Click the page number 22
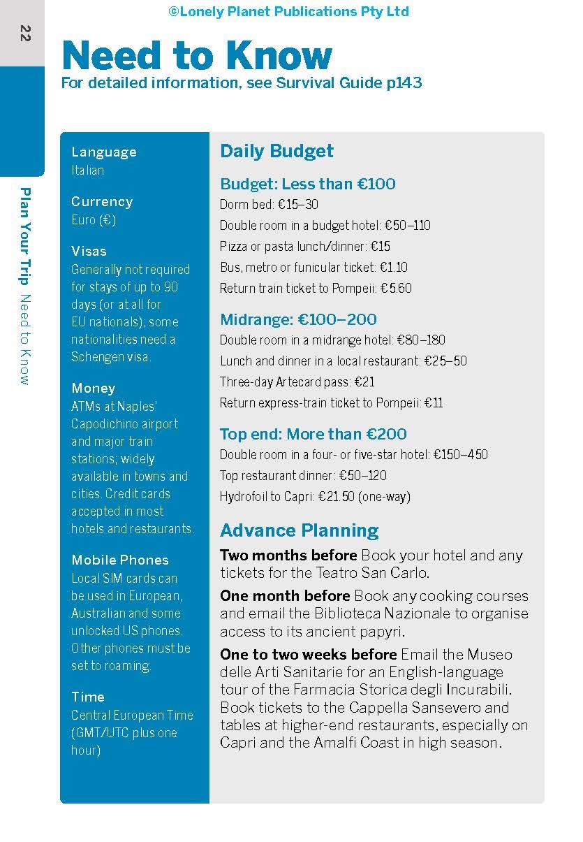[25, 33]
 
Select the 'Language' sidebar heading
[104, 152]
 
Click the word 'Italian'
[87, 170]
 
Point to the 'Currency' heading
[102, 201]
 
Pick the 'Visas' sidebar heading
[89, 251]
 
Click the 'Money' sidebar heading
[93, 388]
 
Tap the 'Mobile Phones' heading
[120, 560]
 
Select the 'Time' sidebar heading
[87, 697]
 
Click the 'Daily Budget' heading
[276, 151]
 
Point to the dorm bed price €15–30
[298, 205]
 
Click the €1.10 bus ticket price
[394, 268]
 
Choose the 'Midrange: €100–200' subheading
[298, 319]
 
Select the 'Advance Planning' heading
[299, 530]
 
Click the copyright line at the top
[288, 11]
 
